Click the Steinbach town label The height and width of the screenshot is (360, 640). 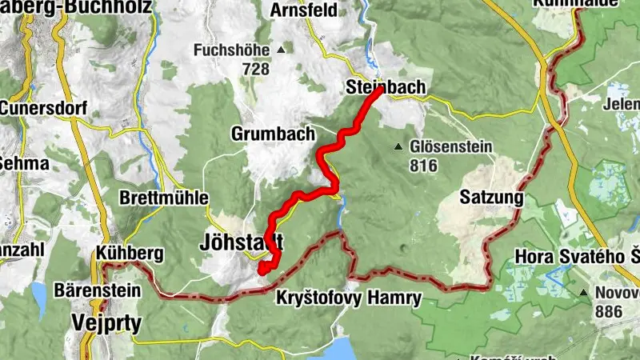(385, 88)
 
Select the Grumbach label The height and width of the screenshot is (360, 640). (274, 133)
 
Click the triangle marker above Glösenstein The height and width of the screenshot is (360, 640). (398, 146)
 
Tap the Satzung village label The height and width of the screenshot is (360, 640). (491, 197)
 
